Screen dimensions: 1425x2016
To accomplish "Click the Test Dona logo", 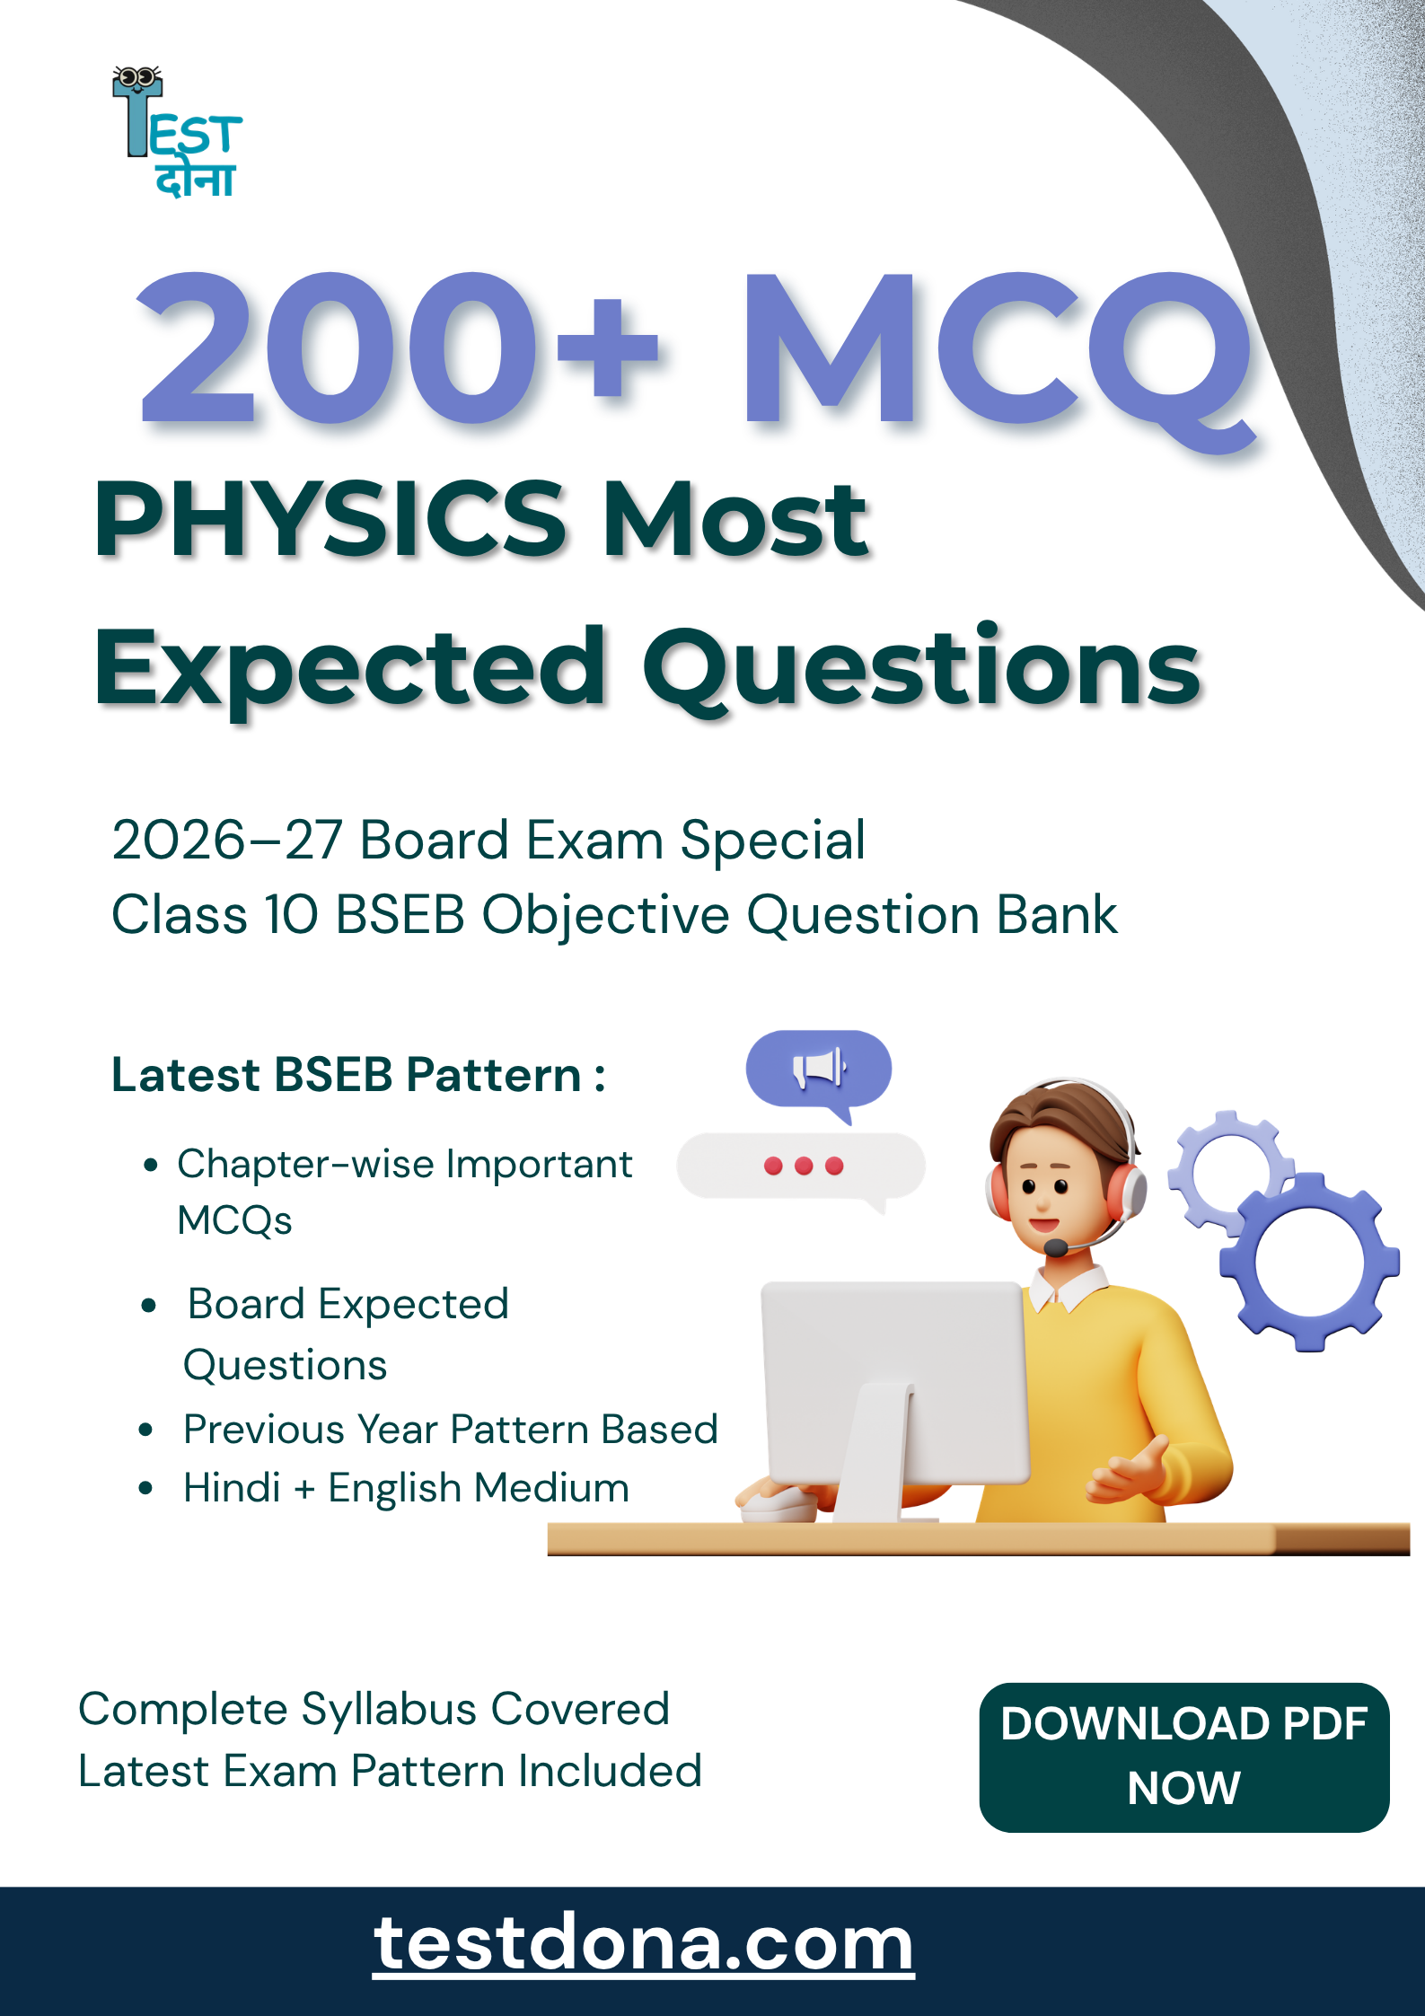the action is [x=178, y=132].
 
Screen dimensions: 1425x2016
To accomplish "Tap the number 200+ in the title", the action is [x=400, y=348].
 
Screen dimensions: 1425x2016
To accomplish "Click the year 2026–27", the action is [x=226, y=841].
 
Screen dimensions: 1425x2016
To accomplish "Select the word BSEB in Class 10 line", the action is [x=400, y=915].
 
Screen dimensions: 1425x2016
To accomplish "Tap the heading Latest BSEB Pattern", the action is [x=358, y=1075].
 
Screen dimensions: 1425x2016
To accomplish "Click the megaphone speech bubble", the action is [x=819, y=1070].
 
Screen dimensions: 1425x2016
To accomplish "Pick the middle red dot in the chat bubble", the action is [x=804, y=1166].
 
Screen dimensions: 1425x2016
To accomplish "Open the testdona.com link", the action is [x=643, y=1944].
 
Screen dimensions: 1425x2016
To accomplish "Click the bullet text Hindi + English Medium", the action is [x=406, y=1487].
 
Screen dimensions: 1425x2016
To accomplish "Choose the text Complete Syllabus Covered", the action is [x=374, y=1709].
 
